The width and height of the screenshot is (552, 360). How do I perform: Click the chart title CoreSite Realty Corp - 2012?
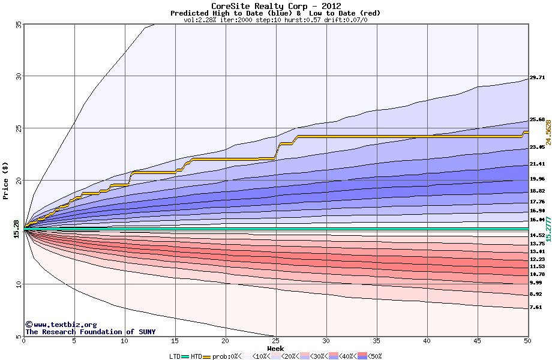[x=275, y=6]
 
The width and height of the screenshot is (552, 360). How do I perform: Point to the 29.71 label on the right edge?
[x=537, y=77]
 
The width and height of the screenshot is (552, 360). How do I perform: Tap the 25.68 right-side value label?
[x=537, y=119]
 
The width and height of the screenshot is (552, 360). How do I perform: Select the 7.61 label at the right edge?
[x=536, y=307]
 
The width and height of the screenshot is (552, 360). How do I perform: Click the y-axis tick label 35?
[x=18, y=25]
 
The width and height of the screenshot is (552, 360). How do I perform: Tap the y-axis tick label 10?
[x=18, y=284]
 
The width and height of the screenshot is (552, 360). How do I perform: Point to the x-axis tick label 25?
[x=275, y=341]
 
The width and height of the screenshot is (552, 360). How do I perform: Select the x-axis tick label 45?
[x=477, y=341]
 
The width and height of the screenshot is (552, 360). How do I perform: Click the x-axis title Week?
[x=275, y=349]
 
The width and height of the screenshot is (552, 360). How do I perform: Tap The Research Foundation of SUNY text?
[x=90, y=332]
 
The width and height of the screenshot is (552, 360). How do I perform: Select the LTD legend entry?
[x=176, y=356]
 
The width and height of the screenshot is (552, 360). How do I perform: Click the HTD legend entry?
[x=197, y=356]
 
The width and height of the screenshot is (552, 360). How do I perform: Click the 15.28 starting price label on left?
[x=16, y=229]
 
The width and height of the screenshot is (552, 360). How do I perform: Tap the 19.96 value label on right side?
[x=537, y=179]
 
